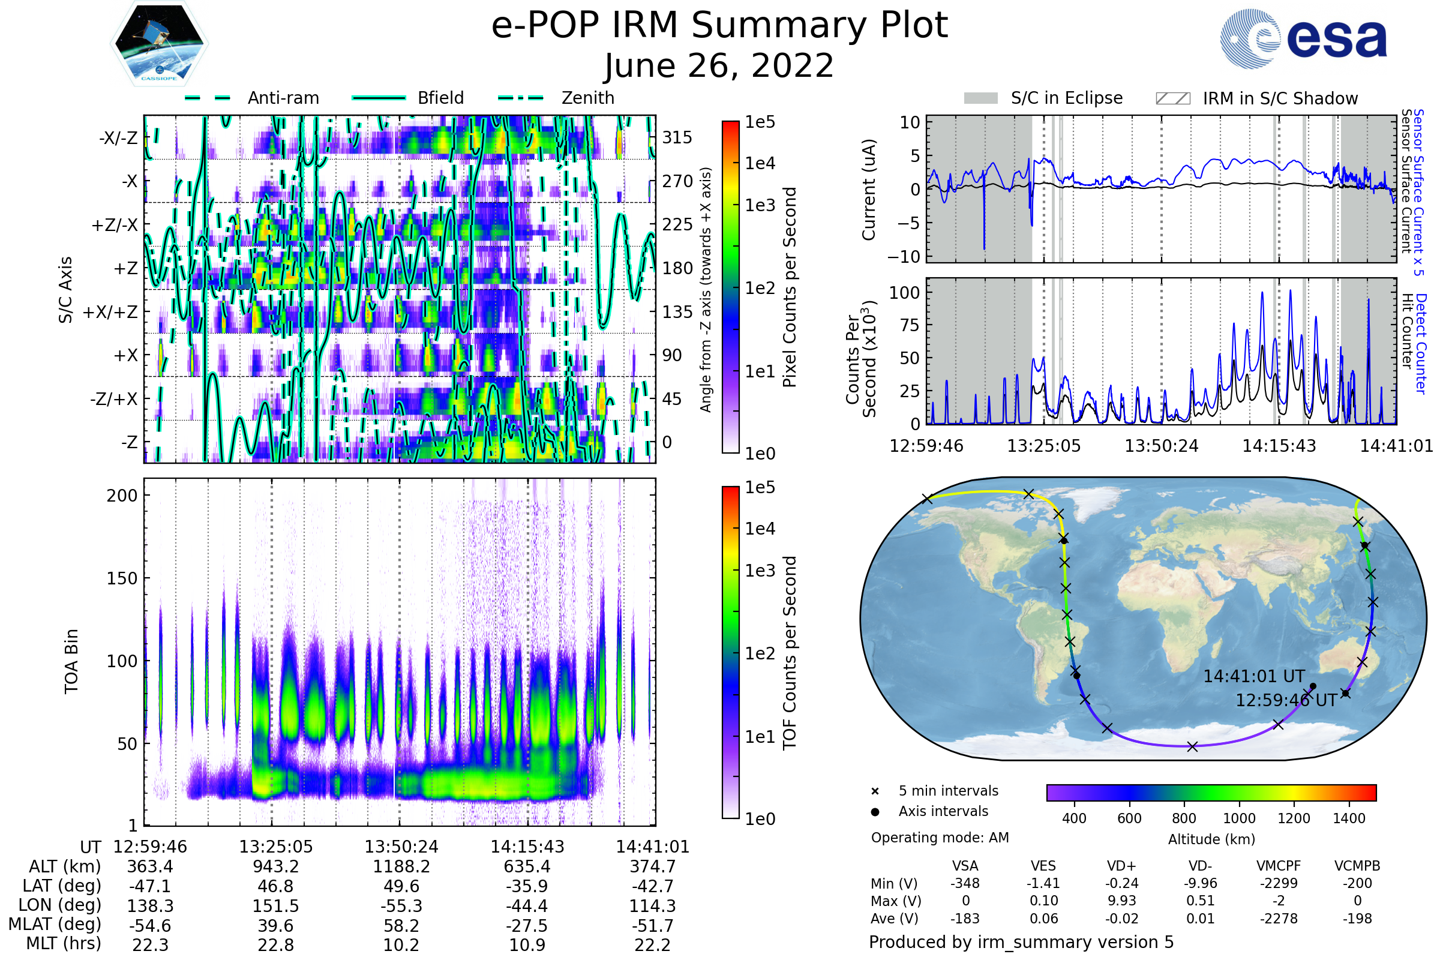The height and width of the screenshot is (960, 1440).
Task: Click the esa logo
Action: click(x=1304, y=39)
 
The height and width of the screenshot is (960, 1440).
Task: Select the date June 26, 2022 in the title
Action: click(x=719, y=66)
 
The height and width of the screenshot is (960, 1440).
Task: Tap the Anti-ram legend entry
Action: click(x=283, y=98)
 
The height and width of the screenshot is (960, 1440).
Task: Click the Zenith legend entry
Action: click(x=588, y=98)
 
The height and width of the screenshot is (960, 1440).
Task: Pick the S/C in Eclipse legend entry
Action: click(x=1067, y=98)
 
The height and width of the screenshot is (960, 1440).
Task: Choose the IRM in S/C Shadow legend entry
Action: click(x=1280, y=98)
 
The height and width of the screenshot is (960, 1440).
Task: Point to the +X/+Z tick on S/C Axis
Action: click(x=110, y=312)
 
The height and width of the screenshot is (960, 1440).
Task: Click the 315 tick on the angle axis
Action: click(x=677, y=137)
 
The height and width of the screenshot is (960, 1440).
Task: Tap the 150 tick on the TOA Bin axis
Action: click(x=122, y=578)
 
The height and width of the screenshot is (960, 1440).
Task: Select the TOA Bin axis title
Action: click(x=71, y=661)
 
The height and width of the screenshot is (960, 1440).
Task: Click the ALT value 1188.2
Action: click(x=401, y=867)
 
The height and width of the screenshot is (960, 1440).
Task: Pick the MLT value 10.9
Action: click(x=527, y=944)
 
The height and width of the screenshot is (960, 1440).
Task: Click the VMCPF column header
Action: click(x=1279, y=866)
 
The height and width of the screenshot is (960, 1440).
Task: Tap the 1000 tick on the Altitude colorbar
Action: click(x=1239, y=818)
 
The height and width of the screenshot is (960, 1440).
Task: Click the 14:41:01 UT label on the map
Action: click(x=1254, y=677)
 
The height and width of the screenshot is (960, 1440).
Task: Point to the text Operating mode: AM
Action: click(x=940, y=838)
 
